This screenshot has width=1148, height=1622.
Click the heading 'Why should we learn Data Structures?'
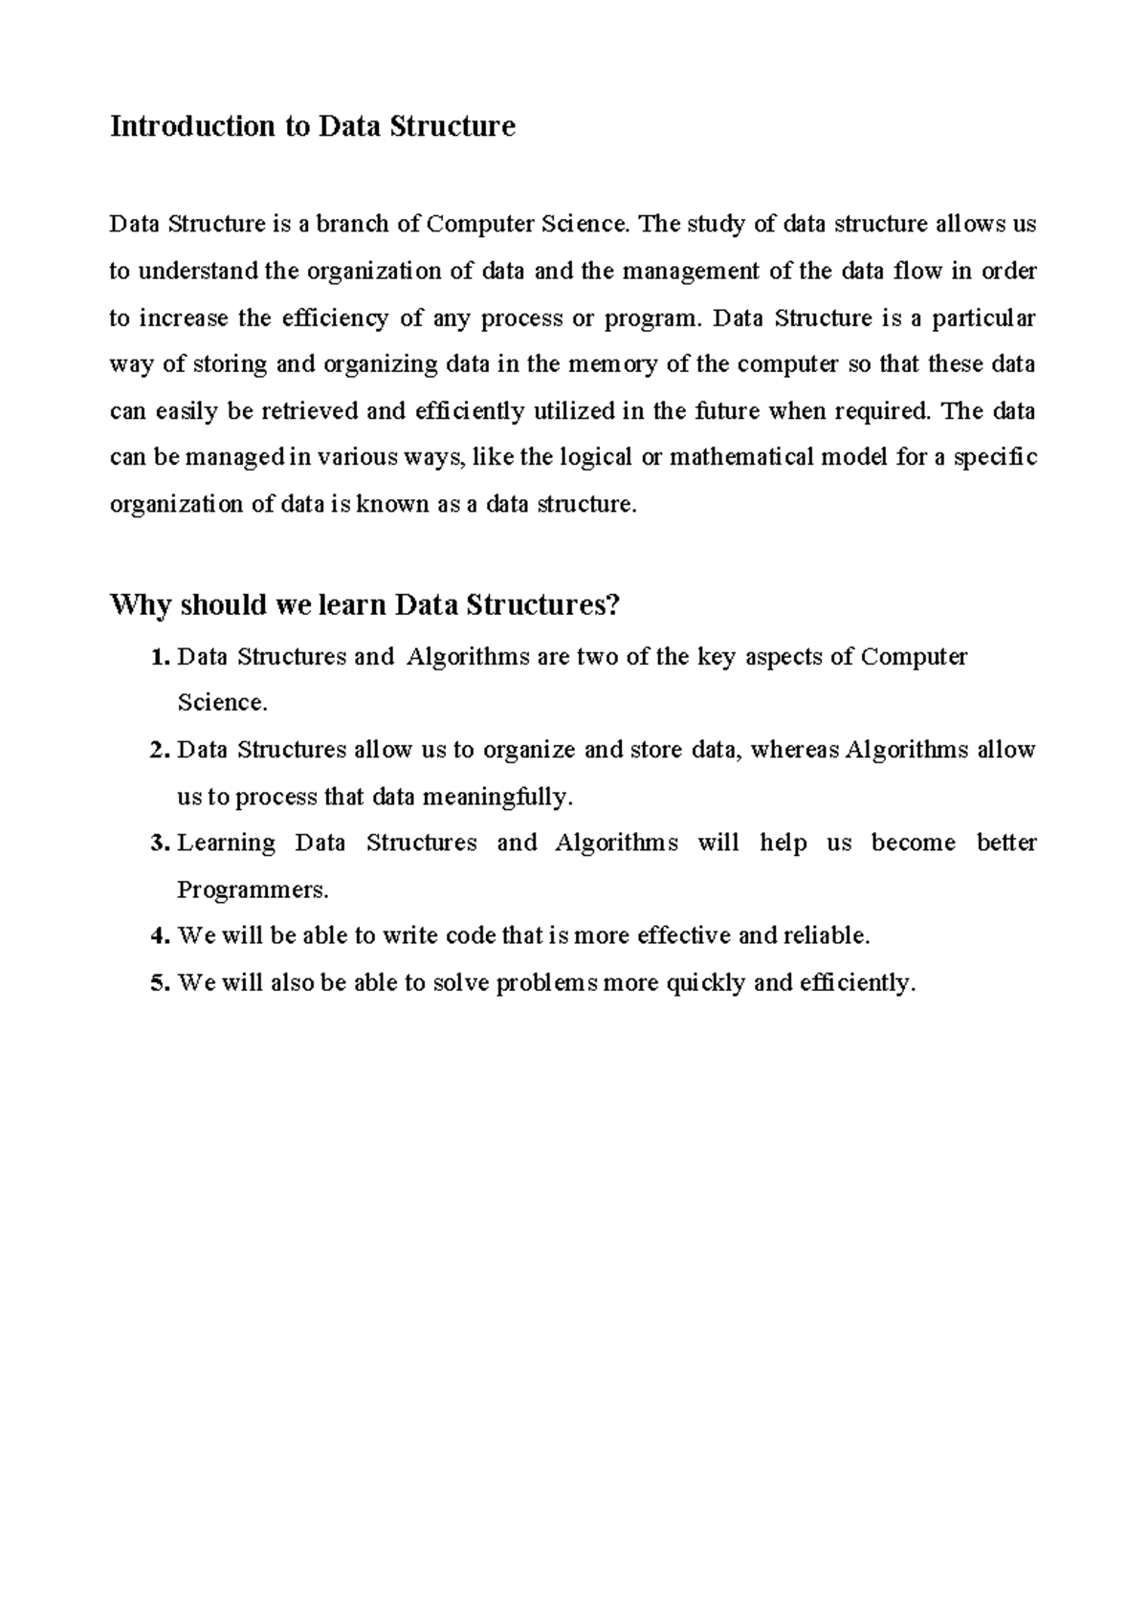(x=365, y=605)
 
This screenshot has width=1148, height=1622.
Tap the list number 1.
(x=159, y=657)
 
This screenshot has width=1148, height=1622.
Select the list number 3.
(x=159, y=844)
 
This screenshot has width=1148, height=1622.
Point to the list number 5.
(x=159, y=983)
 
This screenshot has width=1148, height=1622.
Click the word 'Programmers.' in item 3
(x=253, y=890)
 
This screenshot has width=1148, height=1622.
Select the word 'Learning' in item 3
(x=226, y=844)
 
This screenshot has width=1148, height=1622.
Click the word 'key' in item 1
(x=716, y=657)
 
